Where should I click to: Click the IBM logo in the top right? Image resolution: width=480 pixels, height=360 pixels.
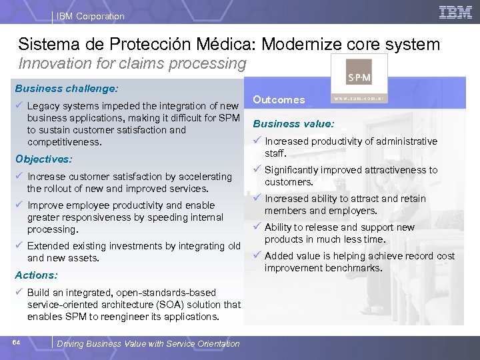click(456, 12)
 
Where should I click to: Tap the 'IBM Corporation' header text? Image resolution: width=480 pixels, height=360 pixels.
click(91, 16)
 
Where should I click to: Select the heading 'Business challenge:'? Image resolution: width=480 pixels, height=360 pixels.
click(67, 88)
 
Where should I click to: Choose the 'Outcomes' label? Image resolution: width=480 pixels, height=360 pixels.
click(279, 100)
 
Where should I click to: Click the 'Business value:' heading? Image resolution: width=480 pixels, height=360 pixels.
click(293, 123)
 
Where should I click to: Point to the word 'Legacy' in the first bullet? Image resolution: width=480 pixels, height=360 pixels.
click(43, 107)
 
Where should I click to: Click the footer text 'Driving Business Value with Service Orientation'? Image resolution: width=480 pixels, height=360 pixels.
click(148, 344)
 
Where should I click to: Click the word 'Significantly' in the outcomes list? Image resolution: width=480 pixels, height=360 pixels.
click(293, 170)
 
